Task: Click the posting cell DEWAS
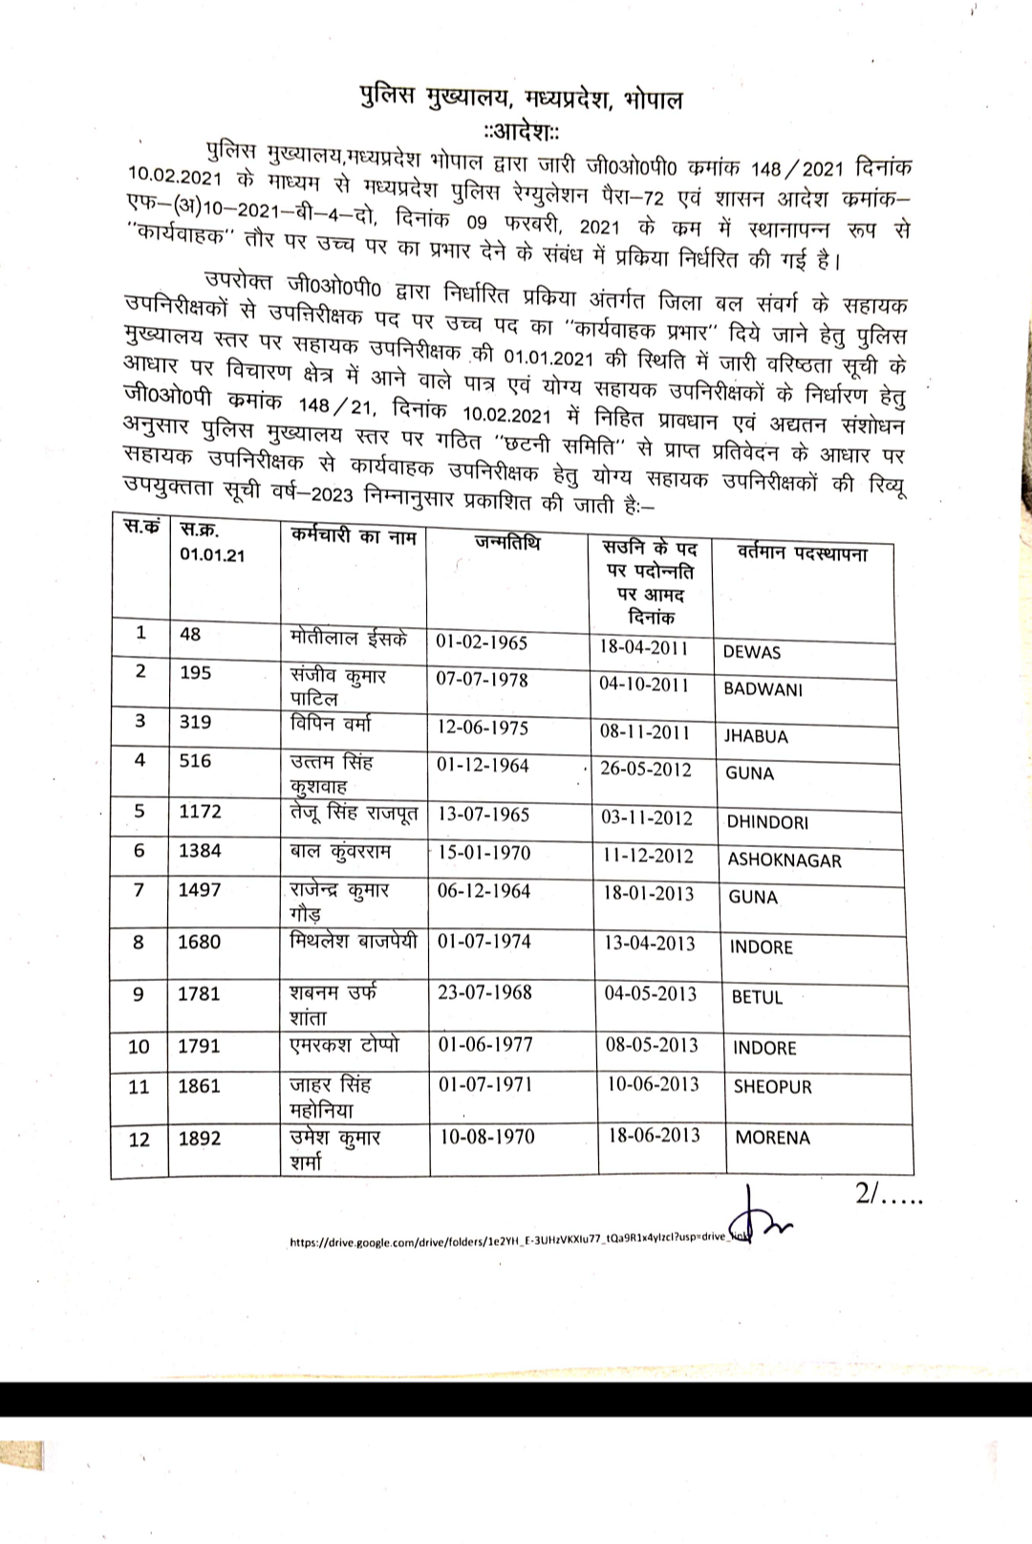752,653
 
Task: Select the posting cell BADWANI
763,689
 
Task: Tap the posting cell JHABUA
756,737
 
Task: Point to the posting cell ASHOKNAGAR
785,860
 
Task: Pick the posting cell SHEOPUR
772,1087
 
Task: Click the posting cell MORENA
772,1139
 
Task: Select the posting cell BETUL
757,998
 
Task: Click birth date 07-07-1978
482,680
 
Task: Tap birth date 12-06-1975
483,728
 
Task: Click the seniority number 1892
199,1140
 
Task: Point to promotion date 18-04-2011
644,647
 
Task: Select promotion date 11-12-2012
648,857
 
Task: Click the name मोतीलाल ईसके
349,638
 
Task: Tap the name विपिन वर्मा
331,724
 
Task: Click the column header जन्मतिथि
506,544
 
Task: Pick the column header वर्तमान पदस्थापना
803,553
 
